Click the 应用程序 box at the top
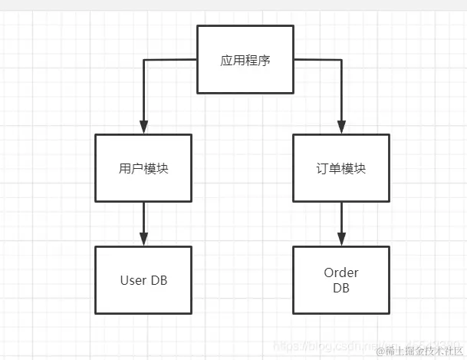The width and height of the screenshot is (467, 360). pos(245,60)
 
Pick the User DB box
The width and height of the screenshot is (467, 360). pos(143,280)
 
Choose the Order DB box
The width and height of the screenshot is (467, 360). pos(341,280)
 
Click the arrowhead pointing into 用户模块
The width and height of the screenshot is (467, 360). pos(143,127)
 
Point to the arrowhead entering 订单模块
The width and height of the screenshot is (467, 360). pos(341,127)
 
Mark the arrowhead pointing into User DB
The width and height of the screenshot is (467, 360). pos(143,239)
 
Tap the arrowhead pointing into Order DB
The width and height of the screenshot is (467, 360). pos(341,239)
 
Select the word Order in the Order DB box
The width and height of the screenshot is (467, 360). pos(341,273)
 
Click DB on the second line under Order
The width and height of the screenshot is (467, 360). pos(341,288)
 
